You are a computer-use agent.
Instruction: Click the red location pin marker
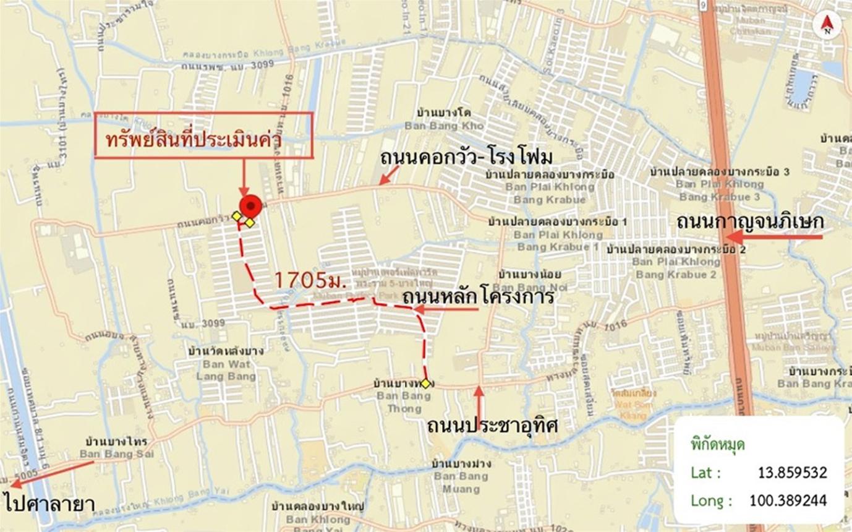251,205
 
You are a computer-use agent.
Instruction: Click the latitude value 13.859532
792,473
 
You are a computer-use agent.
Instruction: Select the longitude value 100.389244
788,500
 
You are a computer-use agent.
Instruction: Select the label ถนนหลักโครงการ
477,297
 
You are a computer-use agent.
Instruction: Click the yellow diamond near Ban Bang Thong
425,384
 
